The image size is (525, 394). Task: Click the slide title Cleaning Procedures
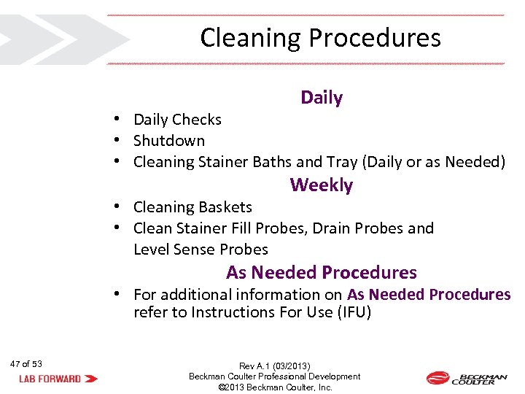tap(320, 38)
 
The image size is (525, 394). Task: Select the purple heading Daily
tap(322, 98)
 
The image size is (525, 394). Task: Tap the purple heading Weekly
tap(321, 185)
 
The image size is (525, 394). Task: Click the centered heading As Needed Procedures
tap(321, 273)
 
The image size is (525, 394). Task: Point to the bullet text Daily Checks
tap(177, 120)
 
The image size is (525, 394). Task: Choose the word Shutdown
tap(169, 141)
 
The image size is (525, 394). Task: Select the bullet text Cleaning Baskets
tap(192, 208)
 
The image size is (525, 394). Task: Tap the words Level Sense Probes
tap(201, 250)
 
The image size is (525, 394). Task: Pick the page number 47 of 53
tap(26, 364)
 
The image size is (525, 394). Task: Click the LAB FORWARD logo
tap(58, 379)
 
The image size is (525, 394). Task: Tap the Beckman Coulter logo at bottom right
tap(466, 378)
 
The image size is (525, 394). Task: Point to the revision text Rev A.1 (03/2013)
tap(275, 366)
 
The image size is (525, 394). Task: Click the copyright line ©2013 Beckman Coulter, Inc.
tap(275, 387)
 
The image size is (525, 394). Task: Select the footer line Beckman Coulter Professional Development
tap(275, 376)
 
